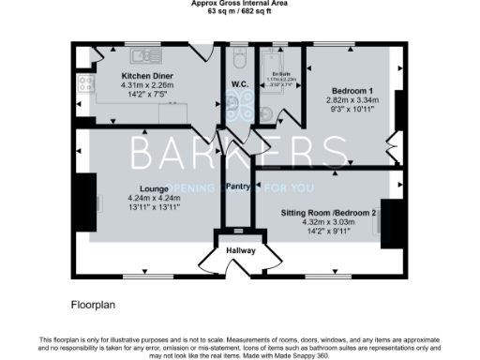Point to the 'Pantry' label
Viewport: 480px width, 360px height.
[x=236, y=186]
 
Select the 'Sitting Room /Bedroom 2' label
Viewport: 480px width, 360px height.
[x=328, y=213]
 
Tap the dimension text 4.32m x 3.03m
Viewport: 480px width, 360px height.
[x=328, y=223]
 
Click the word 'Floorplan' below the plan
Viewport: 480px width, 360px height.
[x=94, y=306]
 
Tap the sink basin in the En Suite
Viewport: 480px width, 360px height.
[x=266, y=113]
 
